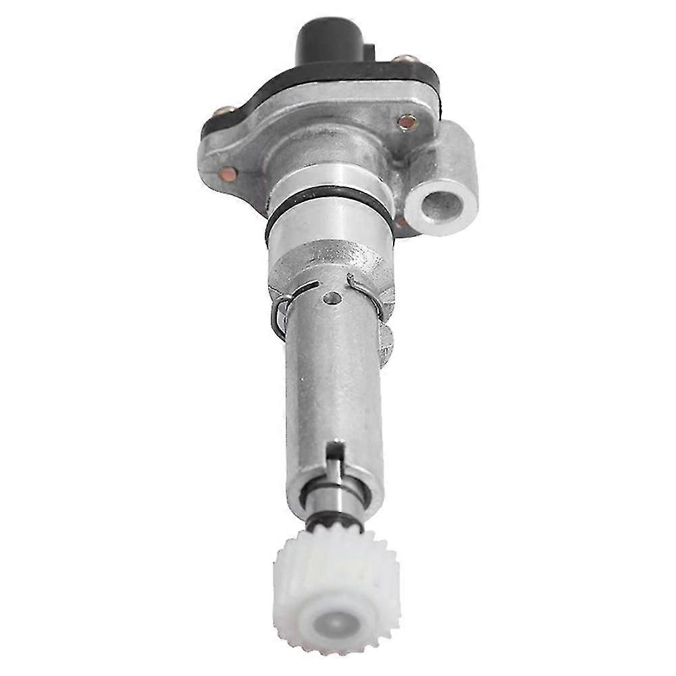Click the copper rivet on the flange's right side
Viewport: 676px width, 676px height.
pyautogui.click(x=407, y=122)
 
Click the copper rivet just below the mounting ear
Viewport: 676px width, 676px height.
pyautogui.click(x=401, y=221)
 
